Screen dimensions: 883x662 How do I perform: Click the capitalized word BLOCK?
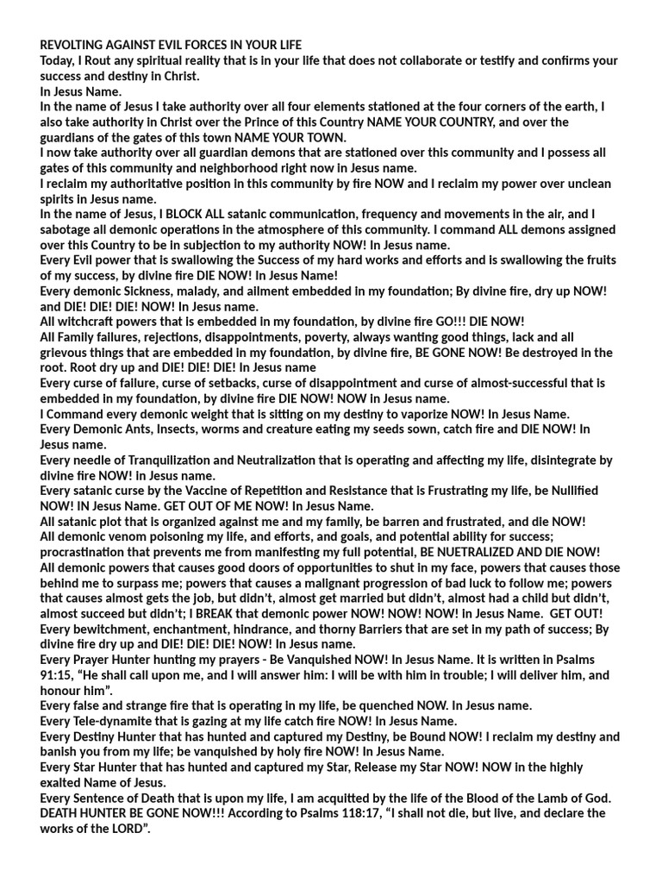(182, 214)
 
